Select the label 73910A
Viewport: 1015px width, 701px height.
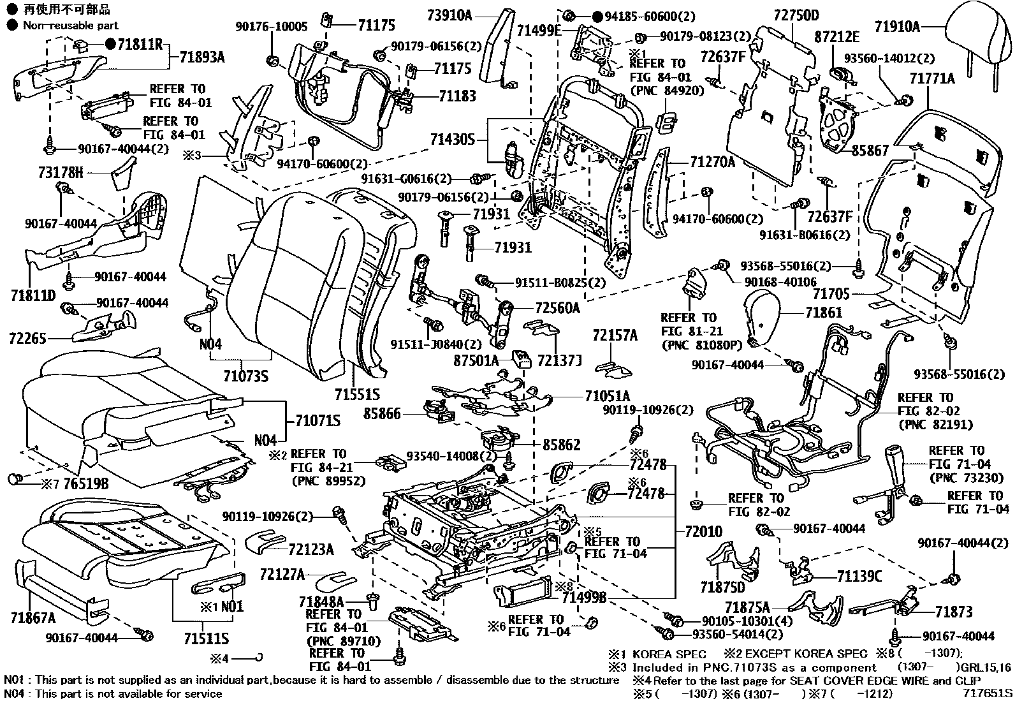(449, 15)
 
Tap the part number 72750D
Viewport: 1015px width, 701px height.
(796, 15)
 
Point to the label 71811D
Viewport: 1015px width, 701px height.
(33, 296)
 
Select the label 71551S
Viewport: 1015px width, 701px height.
(357, 394)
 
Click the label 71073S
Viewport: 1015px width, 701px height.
(245, 376)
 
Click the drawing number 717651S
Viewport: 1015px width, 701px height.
(987, 693)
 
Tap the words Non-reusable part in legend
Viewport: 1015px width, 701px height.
(70, 26)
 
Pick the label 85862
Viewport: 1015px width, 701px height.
(561, 444)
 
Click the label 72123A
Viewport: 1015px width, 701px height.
(310, 549)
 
